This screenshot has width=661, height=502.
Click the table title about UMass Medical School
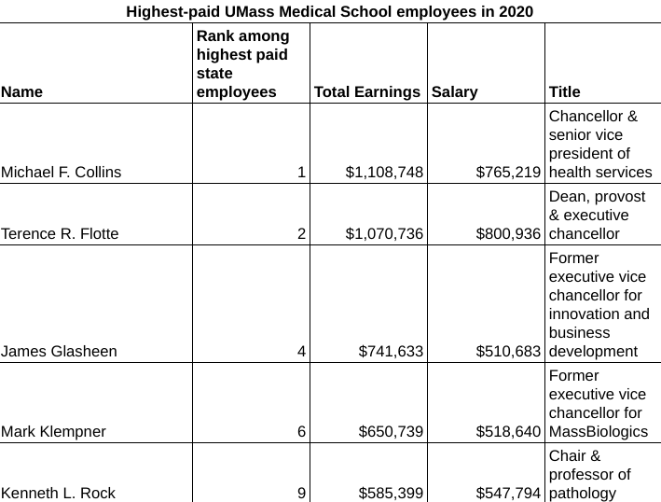[330, 11]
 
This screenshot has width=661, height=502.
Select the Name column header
[21, 91]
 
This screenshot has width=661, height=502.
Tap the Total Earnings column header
[367, 91]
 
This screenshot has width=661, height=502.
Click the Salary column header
[454, 91]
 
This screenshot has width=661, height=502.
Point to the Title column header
[564, 91]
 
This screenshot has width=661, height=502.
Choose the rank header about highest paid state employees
[242, 63]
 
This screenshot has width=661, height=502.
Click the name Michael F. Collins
[62, 172]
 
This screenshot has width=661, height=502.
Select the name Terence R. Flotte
[61, 233]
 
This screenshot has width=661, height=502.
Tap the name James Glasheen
[60, 351]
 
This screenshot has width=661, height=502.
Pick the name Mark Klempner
[54, 431]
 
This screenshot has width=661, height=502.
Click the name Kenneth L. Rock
[59, 493]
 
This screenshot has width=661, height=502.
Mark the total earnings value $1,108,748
[384, 172]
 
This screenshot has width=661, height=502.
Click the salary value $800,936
[508, 233]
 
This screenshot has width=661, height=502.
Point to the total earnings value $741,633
[391, 351]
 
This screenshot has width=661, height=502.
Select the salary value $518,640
[508, 431]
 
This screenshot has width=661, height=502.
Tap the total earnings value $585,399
[391, 493]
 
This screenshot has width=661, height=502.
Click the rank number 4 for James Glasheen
[301, 351]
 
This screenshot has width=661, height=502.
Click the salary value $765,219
[508, 172]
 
